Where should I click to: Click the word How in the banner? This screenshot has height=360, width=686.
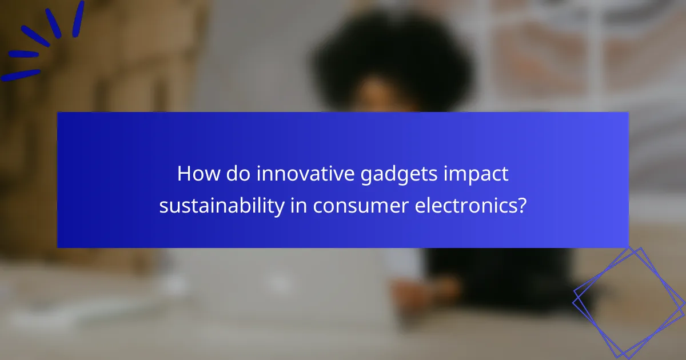(x=196, y=174)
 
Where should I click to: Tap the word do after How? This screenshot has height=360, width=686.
(x=234, y=174)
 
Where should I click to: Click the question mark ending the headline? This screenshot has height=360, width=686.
(x=521, y=205)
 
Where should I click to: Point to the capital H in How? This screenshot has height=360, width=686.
(x=184, y=174)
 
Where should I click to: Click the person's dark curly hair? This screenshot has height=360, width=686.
(x=394, y=57)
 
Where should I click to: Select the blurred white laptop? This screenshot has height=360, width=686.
(x=274, y=286)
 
